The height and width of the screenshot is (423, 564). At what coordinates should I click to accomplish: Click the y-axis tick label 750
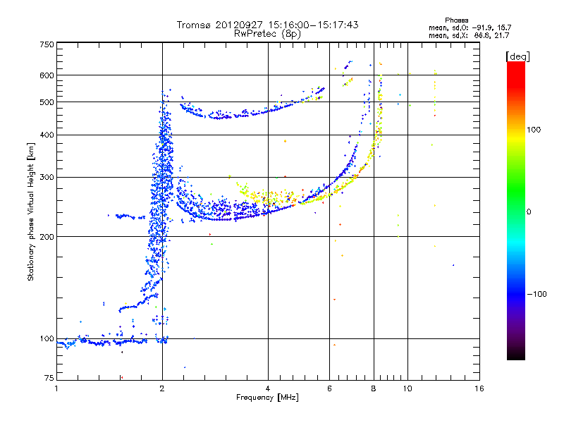click(x=47, y=44)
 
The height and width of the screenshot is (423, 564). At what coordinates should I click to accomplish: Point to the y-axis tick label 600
click(x=47, y=75)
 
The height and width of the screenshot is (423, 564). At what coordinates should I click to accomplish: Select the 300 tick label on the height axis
click(x=47, y=177)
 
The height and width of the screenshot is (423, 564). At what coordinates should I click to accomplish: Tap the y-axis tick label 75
click(x=49, y=378)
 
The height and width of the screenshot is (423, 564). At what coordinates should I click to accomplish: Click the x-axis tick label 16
click(x=479, y=388)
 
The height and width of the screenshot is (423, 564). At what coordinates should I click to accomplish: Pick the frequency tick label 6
click(x=329, y=388)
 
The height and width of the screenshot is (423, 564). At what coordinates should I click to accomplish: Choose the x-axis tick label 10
click(x=407, y=388)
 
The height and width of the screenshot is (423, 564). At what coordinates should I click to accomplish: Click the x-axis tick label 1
click(x=56, y=388)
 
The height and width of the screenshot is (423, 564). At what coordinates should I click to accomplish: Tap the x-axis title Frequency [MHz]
click(x=267, y=398)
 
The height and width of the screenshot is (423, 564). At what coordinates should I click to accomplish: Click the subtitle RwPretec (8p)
click(x=267, y=34)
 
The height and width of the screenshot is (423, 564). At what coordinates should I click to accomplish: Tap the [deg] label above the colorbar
click(x=517, y=56)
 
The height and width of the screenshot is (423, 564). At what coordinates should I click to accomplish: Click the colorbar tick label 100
click(x=534, y=130)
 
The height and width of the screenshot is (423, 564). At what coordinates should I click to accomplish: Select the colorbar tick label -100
click(x=537, y=294)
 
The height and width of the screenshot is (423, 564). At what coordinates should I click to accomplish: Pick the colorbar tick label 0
click(x=529, y=212)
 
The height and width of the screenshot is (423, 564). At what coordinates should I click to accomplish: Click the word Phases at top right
click(x=456, y=20)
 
